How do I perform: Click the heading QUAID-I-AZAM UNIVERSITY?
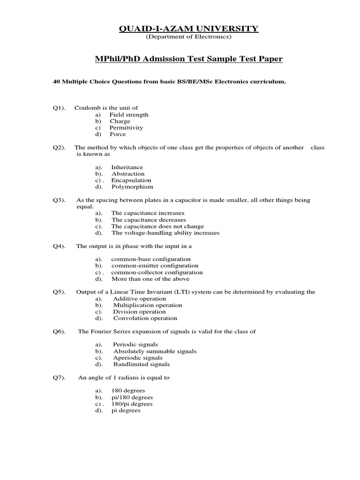point(188,29)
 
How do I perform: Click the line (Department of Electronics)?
point(188,37)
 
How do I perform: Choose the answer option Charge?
point(120,121)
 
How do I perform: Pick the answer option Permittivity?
point(126,127)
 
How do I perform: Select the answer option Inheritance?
point(127,167)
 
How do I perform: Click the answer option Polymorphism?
point(132,187)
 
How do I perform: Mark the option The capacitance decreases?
point(149,219)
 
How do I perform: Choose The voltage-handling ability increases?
point(165,232)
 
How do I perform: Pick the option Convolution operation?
point(145,318)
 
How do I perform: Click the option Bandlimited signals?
point(142,364)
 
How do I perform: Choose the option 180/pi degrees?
point(132,403)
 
